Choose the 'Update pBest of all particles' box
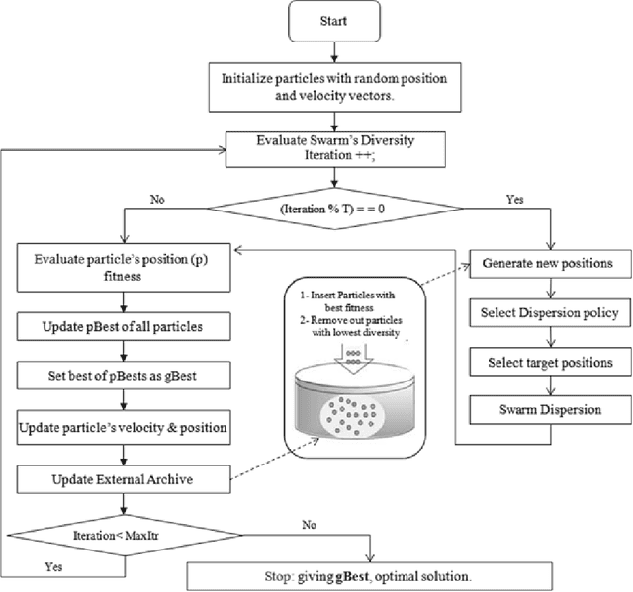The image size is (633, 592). point(120,325)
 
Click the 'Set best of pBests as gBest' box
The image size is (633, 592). point(120,377)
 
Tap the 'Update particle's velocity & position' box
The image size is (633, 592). point(120,429)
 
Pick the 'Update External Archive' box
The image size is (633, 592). point(120,480)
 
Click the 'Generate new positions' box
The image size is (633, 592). point(548,265)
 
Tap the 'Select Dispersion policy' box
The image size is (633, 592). point(548,313)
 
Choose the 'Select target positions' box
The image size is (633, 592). point(548,362)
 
